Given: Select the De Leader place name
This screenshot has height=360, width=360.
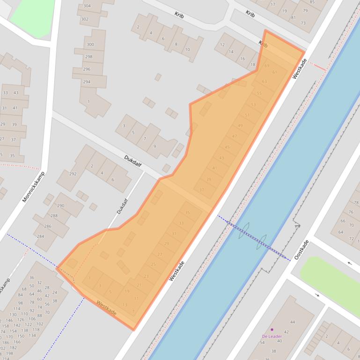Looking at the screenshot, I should tap(272, 336).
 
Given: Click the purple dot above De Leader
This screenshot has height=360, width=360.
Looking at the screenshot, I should tap(272, 330).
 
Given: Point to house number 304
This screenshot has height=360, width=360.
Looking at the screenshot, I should tap(87, 6).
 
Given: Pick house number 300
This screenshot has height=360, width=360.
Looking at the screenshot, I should tap(90, 44).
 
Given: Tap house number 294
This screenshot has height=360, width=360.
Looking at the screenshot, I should tap(87, 82).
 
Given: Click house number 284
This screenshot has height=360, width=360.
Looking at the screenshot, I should tap(40, 236).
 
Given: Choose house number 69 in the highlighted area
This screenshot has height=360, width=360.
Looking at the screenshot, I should tap(267, 66).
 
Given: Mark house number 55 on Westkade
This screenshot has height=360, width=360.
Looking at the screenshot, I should tap(259, 93).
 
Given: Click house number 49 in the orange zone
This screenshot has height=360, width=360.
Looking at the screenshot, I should tap(240, 126).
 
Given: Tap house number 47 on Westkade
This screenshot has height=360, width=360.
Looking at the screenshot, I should tap(235, 136).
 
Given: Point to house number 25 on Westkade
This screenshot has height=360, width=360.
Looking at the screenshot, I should tap(153, 265).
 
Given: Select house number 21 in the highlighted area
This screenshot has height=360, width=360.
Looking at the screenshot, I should tap(139, 285).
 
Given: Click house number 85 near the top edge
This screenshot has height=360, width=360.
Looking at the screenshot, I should tap(312, 2).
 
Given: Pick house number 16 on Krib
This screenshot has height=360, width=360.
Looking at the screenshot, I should tap(242, 59).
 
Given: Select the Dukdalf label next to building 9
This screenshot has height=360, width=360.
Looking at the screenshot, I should tap(133, 161).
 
